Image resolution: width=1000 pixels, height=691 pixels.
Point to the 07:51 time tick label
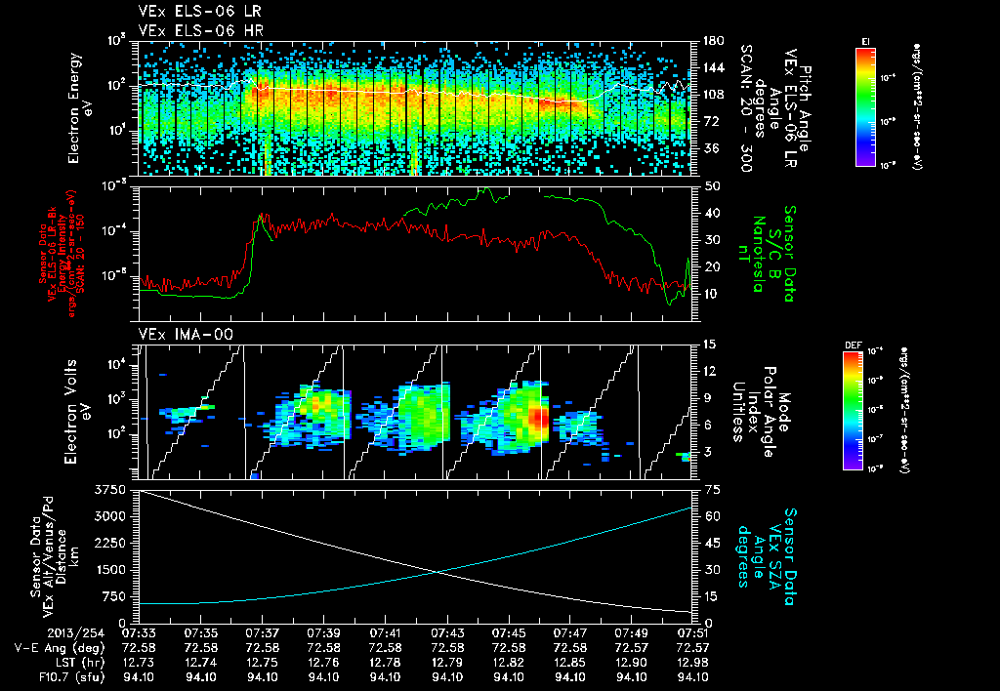click(692, 632)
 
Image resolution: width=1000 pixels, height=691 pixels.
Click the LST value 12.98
click(692, 662)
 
